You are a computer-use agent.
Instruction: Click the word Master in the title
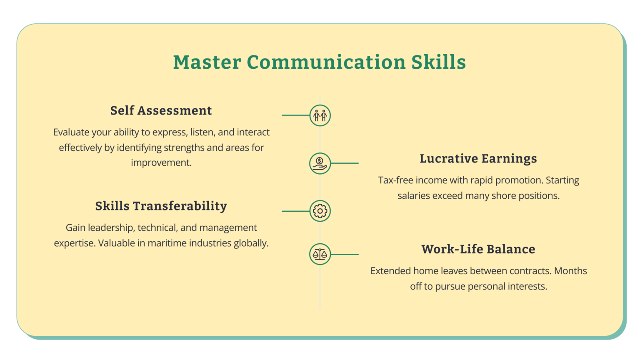pyautogui.click(x=207, y=62)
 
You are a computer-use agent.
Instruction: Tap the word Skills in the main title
pyautogui.click(x=438, y=62)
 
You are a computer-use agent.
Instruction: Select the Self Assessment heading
pyautogui.click(x=161, y=111)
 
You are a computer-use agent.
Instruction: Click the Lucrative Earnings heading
pyautogui.click(x=478, y=159)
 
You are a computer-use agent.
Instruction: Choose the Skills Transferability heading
pyautogui.click(x=161, y=206)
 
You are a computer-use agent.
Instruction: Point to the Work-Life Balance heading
pyautogui.click(x=478, y=249)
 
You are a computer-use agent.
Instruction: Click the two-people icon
pyautogui.click(x=320, y=115)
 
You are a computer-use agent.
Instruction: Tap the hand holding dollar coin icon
pyautogui.click(x=320, y=163)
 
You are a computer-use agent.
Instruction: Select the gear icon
pyautogui.click(x=320, y=211)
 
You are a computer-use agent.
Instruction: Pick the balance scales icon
pyautogui.click(x=320, y=254)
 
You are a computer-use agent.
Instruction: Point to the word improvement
pyautogui.click(x=161, y=163)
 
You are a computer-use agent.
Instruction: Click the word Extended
pyautogui.click(x=390, y=271)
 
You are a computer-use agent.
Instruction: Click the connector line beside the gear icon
pyautogui.click(x=295, y=211)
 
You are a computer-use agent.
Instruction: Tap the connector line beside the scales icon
pyautogui.click(x=345, y=254)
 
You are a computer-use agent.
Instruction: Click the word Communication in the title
pyautogui.click(x=326, y=62)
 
